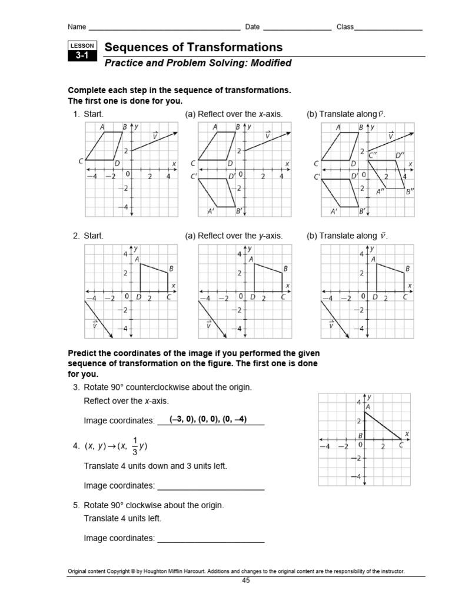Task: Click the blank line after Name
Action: [164, 27]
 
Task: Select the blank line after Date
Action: [297, 27]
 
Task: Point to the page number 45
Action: [246, 581]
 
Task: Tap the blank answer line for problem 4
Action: [211, 486]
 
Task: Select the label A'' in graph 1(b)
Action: [382, 191]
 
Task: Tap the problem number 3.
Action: [76, 387]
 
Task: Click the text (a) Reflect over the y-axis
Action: [234, 236]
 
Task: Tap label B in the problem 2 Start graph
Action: [171, 269]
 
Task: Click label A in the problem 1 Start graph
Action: [102, 127]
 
